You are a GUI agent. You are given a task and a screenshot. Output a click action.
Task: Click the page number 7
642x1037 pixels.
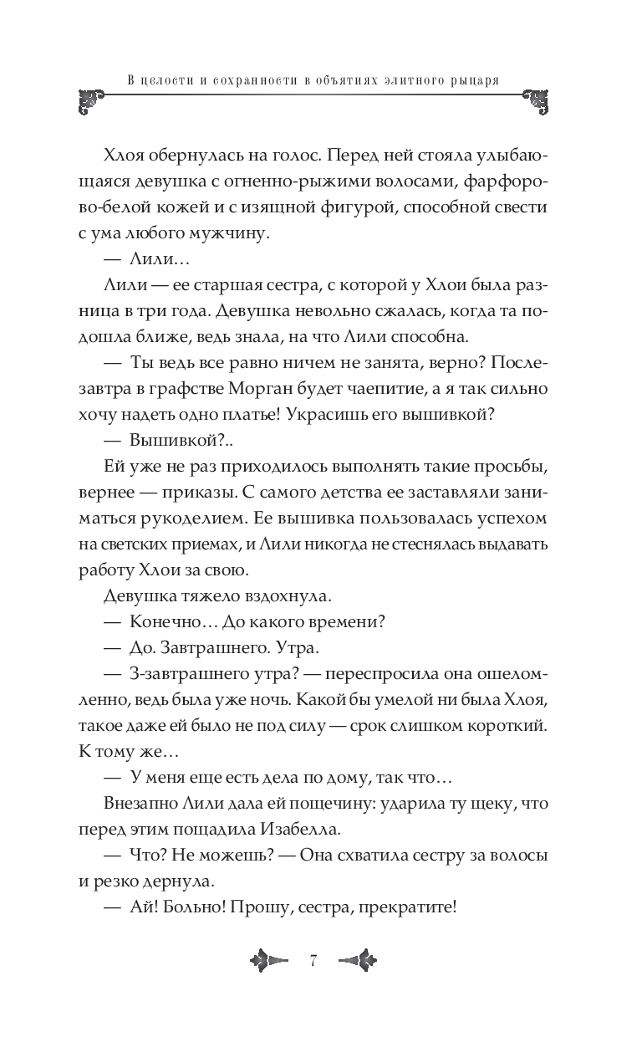pyautogui.click(x=313, y=961)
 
